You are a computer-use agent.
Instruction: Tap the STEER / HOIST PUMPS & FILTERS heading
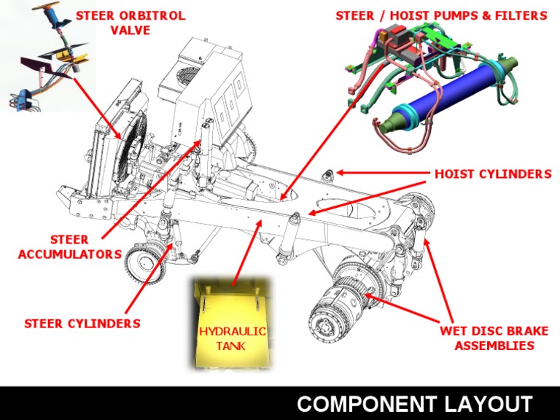(441, 15)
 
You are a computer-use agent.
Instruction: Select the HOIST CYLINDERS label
(492, 174)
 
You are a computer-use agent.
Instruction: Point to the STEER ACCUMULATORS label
(70, 246)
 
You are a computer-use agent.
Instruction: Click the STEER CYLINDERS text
(82, 323)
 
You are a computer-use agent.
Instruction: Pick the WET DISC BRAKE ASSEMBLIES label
(494, 338)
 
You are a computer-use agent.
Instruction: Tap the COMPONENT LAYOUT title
(414, 403)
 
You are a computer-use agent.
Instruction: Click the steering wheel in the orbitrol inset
(52, 14)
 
